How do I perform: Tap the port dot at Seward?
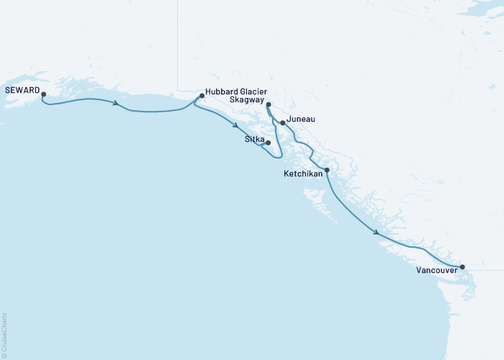point(43,94)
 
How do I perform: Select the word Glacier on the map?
point(254,91)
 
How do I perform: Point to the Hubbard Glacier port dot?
point(202,95)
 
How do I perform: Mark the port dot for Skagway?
point(268,105)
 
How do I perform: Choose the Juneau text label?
point(300,119)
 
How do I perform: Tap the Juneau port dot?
point(282,122)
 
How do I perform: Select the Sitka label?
point(256,138)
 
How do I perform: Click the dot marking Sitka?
point(269,143)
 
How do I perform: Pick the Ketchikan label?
point(303,174)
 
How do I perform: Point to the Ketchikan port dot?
point(327,170)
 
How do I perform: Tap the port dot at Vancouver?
point(462,266)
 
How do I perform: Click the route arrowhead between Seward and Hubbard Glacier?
point(115,104)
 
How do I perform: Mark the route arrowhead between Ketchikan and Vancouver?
point(377,231)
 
